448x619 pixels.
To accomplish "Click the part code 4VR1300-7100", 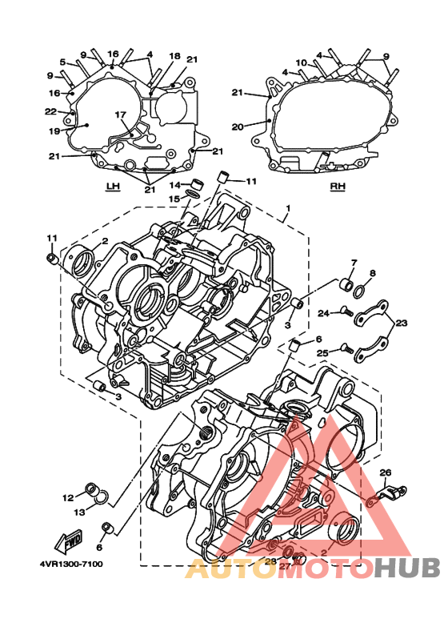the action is click(71, 564).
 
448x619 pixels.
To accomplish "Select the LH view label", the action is click(113, 187).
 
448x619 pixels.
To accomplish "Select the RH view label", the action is click(338, 187).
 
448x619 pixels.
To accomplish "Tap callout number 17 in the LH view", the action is click(120, 115).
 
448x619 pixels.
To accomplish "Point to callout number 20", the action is click(238, 127).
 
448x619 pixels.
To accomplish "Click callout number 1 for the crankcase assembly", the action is click(288, 208).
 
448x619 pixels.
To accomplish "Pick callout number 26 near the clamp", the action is click(386, 472).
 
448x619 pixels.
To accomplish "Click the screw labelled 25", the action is click(346, 349).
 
